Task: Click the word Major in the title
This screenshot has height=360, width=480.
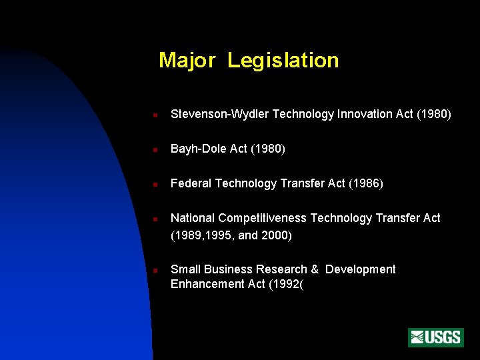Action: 187,61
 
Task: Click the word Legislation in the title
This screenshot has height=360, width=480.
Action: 283,61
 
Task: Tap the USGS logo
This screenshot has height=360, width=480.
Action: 435,337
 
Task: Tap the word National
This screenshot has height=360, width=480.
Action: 193,219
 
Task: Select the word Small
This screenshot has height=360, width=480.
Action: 185,269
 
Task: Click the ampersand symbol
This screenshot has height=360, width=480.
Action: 315,269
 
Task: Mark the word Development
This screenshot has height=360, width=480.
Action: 361,269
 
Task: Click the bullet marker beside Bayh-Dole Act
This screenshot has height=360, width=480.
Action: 154,150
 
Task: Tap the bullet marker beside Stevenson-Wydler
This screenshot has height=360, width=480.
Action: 154,115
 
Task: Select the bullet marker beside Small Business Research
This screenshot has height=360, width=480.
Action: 154,271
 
